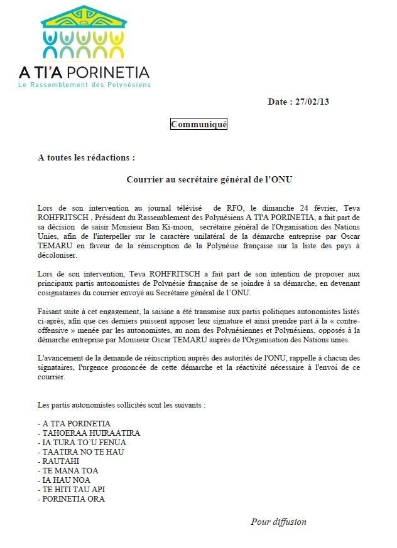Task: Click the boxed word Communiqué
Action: tap(198, 124)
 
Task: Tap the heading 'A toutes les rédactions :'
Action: tap(86, 157)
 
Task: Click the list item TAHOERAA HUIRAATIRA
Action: tap(90, 433)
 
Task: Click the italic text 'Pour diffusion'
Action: tap(278, 522)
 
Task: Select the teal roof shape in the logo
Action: tap(84, 17)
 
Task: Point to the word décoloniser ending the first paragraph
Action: tap(57, 256)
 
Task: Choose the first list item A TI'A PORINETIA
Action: tap(76, 423)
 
